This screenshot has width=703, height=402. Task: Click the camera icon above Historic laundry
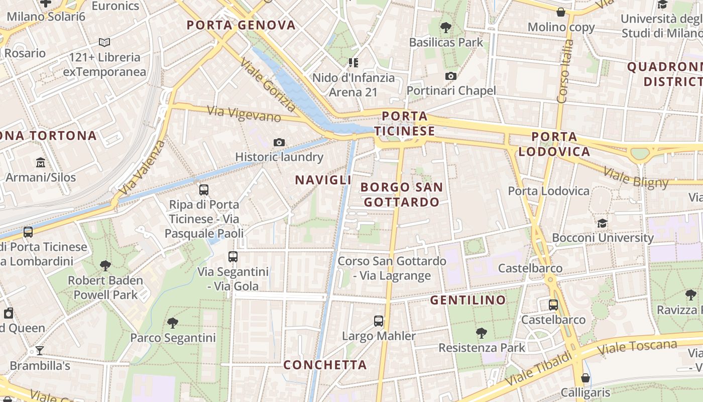pyautogui.click(x=279, y=143)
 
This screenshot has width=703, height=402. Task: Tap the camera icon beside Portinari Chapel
pyautogui.click(x=451, y=76)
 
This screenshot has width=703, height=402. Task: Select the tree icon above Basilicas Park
pyautogui.click(x=445, y=27)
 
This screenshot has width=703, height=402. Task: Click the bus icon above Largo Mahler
pyautogui.click(x=379, y=321)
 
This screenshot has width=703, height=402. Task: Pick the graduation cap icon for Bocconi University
pyautogui.click(x=602, y=223)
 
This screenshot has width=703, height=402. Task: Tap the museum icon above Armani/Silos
pyautogui.click(x=41, y=163)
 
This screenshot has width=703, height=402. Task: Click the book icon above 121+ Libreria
pyautogui.click(x=104, y=43)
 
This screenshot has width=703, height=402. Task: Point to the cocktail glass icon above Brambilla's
pyautogui.click(x=40, y=351)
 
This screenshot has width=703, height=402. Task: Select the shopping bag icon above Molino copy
pyautogui.click(x=561, y=12)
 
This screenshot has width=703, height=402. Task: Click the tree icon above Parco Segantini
pyautogui.click(x=173, y=323)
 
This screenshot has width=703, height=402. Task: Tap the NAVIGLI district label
pyautogui.click(x=323, y=180)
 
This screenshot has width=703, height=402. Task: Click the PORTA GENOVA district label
pyautogui.click(x=241, y=25)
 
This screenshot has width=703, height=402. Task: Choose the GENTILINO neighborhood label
pyautogui.click(x=468, y=300)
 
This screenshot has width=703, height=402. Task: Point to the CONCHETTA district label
pyautogui.click(x=325, y=365)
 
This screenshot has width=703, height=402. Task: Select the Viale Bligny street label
pyautogui.click(x=636, y=178)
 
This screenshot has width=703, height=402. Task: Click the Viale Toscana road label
pyautogui.click(x=637, y=347)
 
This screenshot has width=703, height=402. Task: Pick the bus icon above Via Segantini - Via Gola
pyautogui.click(x=233, y=257)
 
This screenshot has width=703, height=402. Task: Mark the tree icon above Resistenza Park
pyautogui.click(x=482, y=333)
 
